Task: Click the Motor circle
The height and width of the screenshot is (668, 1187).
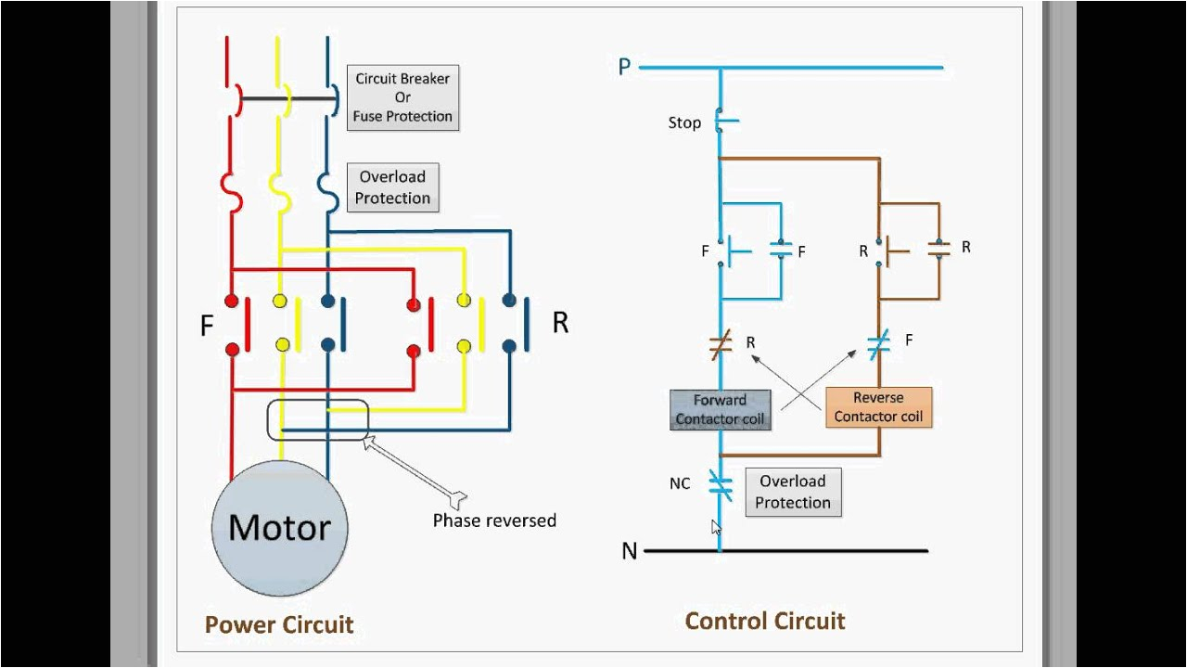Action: click(279, 527)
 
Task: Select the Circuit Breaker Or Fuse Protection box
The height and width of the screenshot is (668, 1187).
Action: click(402, 97)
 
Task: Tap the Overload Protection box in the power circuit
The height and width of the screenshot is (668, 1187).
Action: click(392, 187)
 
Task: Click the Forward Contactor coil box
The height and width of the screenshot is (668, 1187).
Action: click(720, 410)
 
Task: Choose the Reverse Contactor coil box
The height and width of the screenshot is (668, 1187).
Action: click(878, 407)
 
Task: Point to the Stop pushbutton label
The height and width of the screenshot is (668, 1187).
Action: click(684, 122)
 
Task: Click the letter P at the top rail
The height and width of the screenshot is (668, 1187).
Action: click(624, 67)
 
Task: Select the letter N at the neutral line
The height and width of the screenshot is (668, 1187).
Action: click(630, 551)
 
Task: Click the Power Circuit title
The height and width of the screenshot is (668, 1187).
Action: click(279, 624)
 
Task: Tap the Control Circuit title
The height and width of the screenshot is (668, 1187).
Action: click(765, 621)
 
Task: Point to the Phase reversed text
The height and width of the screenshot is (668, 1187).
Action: click(494, 520)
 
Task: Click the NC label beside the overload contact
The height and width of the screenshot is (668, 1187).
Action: click(680, 483)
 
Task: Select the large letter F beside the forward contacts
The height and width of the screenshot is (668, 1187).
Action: click(207, 326)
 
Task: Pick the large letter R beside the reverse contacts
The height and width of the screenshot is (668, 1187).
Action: click(560, 323)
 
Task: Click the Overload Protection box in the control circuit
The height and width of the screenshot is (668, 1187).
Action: click(793, 492)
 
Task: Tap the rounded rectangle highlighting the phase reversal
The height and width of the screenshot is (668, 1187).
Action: click(318, 419)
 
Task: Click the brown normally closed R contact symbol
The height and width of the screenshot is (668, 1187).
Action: click(721, 345)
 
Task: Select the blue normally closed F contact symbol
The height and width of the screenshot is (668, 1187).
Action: click(878, 345)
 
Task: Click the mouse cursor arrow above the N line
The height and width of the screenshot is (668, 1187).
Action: click(715, 527)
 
